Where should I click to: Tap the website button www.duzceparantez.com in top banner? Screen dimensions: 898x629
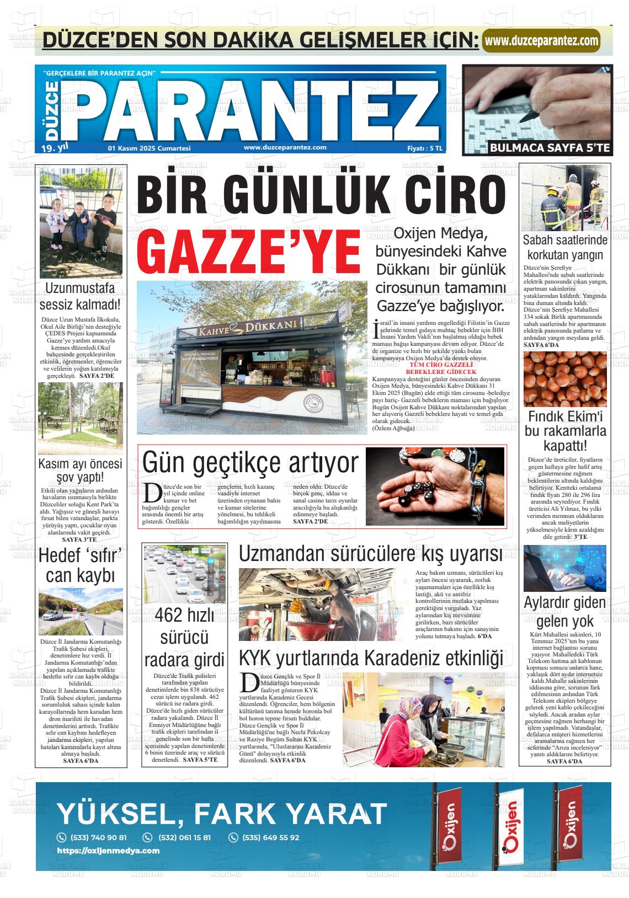coord(541,40)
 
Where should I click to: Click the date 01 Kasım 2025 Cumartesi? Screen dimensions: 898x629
coord(149,148)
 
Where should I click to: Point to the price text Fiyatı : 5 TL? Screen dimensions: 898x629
coord(425,148)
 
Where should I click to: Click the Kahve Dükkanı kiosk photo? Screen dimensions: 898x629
coord(252,357)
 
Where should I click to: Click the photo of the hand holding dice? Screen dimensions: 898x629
coord(435,486)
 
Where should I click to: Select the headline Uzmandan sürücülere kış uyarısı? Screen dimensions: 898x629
coord(370,554)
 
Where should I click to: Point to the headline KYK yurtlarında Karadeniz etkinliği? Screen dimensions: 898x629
coord(371,658)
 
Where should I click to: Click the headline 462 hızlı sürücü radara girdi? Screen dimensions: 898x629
coord(184,637)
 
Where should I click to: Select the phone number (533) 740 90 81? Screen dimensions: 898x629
coord(94,837)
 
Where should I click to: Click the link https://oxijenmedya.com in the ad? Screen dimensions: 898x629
coord(108,851)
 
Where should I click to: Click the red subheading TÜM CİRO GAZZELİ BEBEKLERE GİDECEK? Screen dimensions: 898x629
coord(440,368)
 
